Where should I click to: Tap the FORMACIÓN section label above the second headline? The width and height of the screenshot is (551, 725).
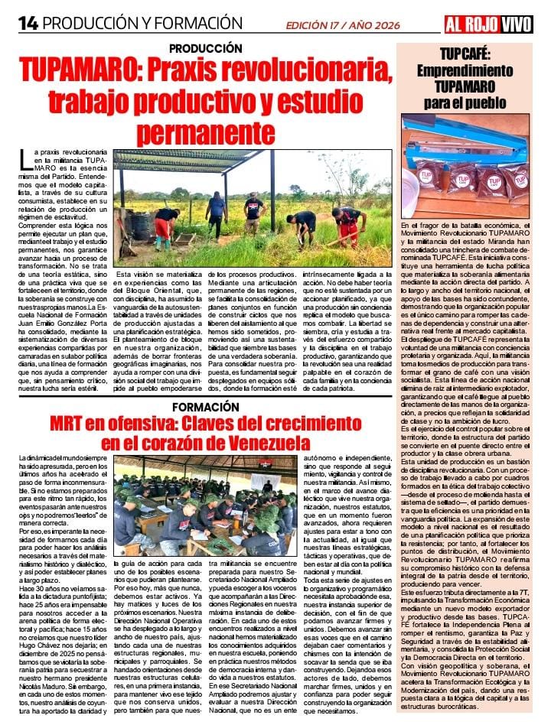(206, 407)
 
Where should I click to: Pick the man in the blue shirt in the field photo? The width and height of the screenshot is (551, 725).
(217, 213)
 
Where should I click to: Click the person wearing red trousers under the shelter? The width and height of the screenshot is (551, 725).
(163, 226)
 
